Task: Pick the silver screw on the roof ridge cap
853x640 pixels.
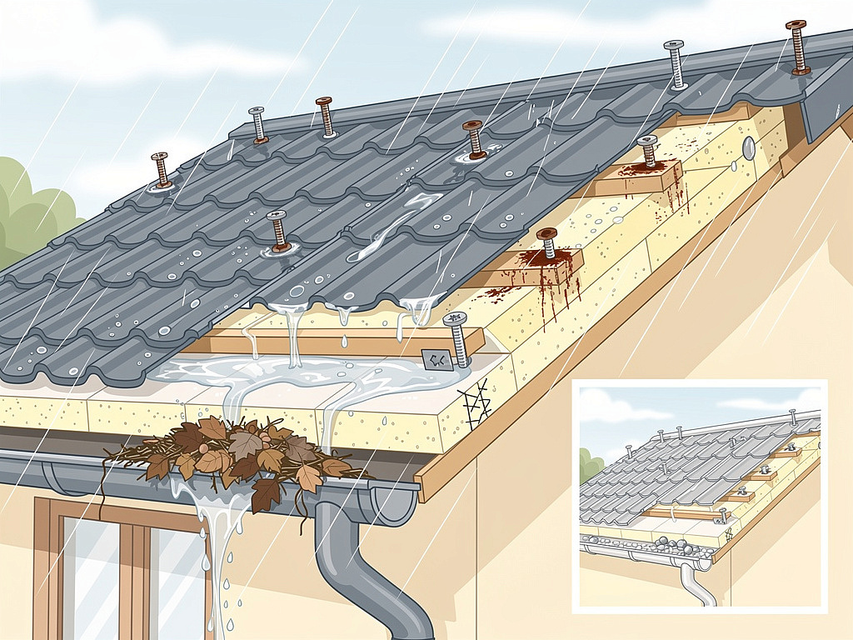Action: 675,63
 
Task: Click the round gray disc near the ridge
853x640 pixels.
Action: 747,149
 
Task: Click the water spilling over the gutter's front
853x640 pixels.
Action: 212,533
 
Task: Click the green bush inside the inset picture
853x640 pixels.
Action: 591,463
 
